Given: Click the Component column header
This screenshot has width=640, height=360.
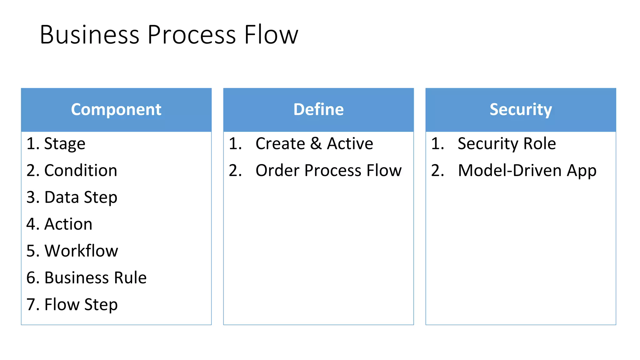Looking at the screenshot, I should [x=116, y=110].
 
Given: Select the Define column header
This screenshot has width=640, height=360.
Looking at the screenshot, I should [x=318, y=110].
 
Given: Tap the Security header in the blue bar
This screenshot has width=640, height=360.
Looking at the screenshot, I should [x=520, y=110].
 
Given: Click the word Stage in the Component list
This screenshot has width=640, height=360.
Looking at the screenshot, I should [x=65, y=144].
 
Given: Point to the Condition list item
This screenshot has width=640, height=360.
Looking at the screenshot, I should [x=81, y=171].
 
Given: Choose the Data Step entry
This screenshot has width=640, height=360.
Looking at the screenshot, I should [x=81, y=197].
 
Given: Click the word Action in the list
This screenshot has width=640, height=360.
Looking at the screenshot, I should [x=68, y=224].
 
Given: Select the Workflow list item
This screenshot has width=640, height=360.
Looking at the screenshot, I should [x=81, y=251].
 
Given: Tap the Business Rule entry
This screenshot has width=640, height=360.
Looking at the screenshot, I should [x=95, y=278].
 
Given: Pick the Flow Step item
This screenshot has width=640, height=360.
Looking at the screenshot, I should [x=81, y=305].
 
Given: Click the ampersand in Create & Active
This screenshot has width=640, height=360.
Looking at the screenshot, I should [x=316, y=144].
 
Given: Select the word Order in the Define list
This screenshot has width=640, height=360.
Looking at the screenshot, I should [x=277, y=171].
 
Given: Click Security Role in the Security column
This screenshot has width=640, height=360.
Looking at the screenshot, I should [x=507, y=144].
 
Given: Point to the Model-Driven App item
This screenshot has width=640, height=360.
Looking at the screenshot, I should [x=527, y=171].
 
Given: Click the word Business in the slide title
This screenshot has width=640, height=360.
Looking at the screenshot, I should [x=89, y=35].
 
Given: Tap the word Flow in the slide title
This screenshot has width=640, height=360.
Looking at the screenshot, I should [x=271, y=35].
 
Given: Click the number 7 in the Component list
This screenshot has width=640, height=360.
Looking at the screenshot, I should [x=31, y=305].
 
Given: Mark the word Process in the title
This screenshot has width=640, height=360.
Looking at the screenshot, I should [x=191, y=35].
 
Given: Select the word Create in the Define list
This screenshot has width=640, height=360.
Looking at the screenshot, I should [x=280, y=144].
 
